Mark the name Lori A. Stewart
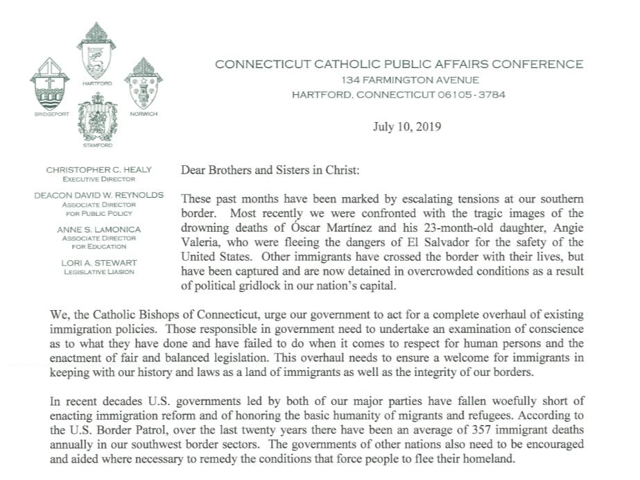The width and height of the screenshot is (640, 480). tap(97, 263)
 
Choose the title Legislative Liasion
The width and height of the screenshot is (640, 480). tap(97, 272)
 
